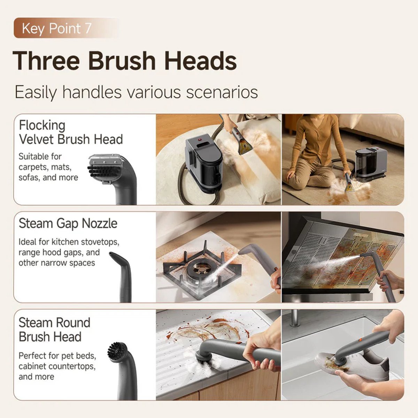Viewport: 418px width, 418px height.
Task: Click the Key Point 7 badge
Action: (x=66, y=28)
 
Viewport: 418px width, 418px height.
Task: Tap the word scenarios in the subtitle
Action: (x=222, y=92)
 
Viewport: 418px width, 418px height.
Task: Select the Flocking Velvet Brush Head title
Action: (x=71, y=132)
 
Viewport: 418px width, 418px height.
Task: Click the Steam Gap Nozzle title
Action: (x=68, y=223)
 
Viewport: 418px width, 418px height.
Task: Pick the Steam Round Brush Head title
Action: (x=54, y=330)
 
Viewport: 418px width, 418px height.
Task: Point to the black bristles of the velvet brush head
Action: (x=101, y=171)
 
